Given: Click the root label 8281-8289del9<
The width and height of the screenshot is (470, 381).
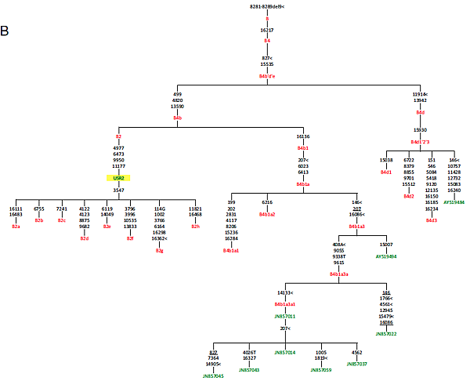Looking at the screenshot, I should tap(267, 6).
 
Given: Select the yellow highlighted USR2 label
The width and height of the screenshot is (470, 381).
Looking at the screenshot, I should tap(118, 178).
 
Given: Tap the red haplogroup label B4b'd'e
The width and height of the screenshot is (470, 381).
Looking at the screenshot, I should tap(267, 76).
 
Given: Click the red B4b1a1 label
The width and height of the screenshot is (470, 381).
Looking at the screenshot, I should tap(231, 250).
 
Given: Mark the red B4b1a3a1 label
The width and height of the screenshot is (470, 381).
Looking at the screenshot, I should tap(285, 303).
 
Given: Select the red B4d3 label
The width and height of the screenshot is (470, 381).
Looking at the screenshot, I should tap(432, 220).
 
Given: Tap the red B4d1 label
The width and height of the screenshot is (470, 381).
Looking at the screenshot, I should tap(386, 172).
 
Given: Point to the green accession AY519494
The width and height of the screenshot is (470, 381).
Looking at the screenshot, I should tap(386, 256).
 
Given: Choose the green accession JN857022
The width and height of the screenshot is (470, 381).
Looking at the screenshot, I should tap(386, 334).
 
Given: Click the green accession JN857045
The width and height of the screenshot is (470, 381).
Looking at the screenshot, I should tap(213, 376).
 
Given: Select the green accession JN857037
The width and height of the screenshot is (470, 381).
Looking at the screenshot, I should tap(356, 364).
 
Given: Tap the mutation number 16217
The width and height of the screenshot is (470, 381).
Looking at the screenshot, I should tap(267, 29).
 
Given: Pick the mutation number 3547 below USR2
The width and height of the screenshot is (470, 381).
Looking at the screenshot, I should tap(118, 190).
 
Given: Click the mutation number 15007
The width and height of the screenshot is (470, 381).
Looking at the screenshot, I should tap(386, 245).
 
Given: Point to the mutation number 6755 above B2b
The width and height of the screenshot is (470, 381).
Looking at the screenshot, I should tap(39, 209).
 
